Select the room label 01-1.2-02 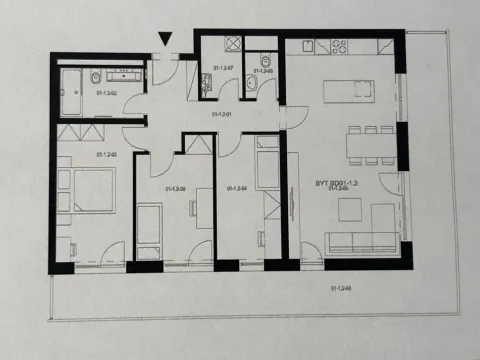108,93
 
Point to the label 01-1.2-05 262,72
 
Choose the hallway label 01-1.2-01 222,114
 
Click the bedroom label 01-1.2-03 106,155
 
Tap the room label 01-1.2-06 175,188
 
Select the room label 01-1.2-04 237,188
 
